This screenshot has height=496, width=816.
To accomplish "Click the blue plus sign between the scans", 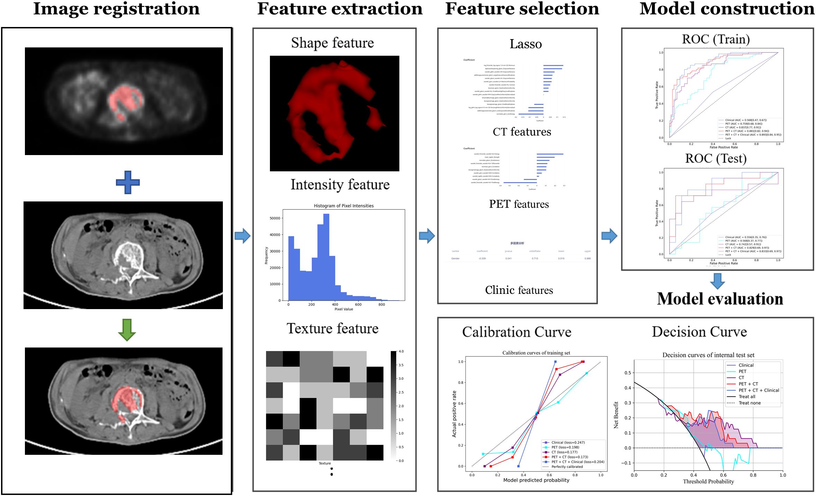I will click(128, 182).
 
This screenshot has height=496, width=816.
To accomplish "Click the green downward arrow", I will click(127, 330).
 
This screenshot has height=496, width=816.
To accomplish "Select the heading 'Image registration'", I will click(116, 9).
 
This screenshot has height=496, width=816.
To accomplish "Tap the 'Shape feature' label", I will click(332, 43).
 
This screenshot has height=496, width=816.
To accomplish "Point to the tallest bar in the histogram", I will click(326, 256).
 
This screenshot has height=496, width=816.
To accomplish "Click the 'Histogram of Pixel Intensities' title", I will click(343, 206).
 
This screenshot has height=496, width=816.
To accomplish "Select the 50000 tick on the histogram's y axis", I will click(275, 218).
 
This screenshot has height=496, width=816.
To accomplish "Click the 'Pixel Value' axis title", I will click(343, 309).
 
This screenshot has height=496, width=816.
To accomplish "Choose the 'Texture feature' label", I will click(332, 328).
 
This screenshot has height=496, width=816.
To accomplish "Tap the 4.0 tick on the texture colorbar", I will click(401, 351).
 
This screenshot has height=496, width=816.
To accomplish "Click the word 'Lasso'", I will click(525, 44).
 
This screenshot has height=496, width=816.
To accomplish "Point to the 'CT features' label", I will click(522, 132).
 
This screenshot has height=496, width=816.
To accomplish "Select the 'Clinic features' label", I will click(519, 290).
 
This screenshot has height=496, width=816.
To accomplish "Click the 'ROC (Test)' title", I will click(716, 159).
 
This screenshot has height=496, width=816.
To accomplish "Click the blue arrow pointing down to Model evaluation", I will click(717, 281).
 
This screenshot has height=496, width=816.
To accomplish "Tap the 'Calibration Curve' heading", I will click(516, 332).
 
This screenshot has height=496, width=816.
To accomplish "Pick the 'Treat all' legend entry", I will click(747, 397).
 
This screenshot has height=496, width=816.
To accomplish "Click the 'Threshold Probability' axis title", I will click(708, 481).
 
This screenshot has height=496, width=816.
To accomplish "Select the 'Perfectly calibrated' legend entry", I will click(567, 467).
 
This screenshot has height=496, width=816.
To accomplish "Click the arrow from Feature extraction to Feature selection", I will click(427, 236).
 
